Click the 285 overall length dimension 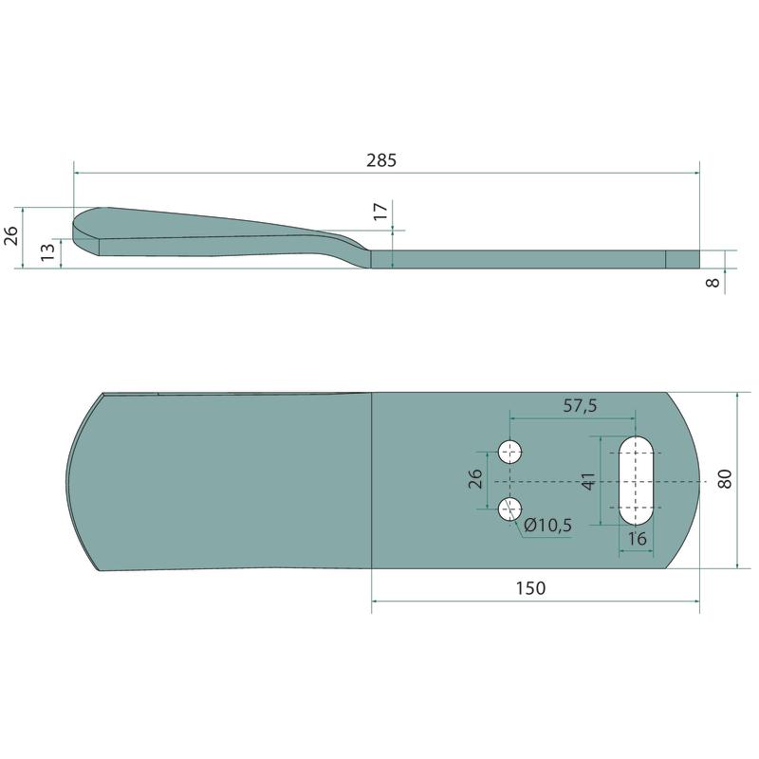[x=381, y=160]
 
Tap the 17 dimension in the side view [x=381, y=212]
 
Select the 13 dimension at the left [x=48, y=252]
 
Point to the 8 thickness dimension [x=713, y=282]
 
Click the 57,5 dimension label [x=580, y=406]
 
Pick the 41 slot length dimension [x=588, y=481]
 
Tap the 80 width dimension [x=725, y=479]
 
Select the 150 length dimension [x=530, y=588]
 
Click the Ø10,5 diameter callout [x=548, y=525]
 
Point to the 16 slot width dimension [x=637, y=538]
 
